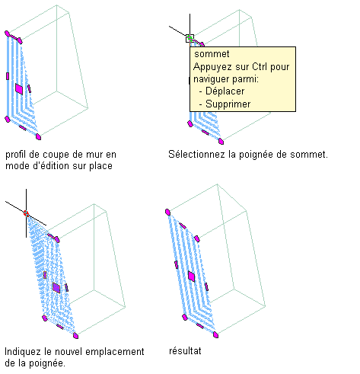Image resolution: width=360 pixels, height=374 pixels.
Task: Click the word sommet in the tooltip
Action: [212, 54]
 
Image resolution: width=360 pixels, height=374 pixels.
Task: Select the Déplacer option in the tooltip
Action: [225, 91]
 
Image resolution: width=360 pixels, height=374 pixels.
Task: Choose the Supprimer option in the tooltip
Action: [228, 104]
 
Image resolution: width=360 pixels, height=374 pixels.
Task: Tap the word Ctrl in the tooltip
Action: [260, 66]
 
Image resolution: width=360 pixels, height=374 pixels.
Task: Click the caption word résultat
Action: [185, 351]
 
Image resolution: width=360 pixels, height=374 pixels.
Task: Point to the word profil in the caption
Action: [16, 155]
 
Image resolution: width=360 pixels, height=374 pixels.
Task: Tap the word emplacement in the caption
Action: [115, 352]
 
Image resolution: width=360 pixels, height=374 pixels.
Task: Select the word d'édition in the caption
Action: [52, 166]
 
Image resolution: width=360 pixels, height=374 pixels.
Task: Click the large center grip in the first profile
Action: [19, 89]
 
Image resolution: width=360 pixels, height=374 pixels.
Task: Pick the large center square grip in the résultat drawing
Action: [192, 277]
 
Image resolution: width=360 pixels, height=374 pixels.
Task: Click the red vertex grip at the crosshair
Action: [26, 213]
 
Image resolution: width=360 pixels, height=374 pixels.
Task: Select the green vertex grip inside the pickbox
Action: [190, 38]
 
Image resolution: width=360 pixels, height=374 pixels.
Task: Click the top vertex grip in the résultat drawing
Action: [167, 212]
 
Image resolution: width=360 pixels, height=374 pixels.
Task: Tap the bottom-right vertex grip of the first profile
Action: [38, 137]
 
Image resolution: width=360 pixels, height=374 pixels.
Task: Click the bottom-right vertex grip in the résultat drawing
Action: [215, 335]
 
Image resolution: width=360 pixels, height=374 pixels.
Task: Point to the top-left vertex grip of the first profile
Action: [7, 34]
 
